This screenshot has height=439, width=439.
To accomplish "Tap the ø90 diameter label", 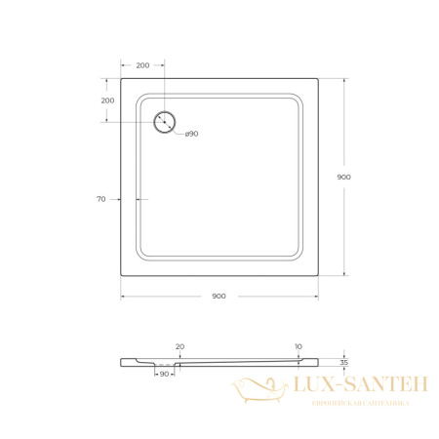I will point(191,134).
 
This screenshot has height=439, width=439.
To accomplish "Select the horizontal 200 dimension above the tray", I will point(142,65).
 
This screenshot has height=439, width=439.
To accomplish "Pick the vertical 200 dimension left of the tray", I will point(107,100).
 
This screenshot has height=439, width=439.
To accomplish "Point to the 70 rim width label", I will point(101,199).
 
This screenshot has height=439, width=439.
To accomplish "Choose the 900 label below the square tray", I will point(219,297).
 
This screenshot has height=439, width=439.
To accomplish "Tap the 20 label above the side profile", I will point(179,346).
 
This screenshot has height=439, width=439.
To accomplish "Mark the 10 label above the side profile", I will point(298,346).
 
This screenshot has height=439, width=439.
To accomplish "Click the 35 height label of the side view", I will point(344,362).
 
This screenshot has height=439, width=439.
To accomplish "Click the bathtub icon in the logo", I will point(255,391).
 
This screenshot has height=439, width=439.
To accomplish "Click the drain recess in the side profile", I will point(163,367).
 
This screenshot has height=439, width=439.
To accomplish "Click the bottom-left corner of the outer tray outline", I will point(121,275).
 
